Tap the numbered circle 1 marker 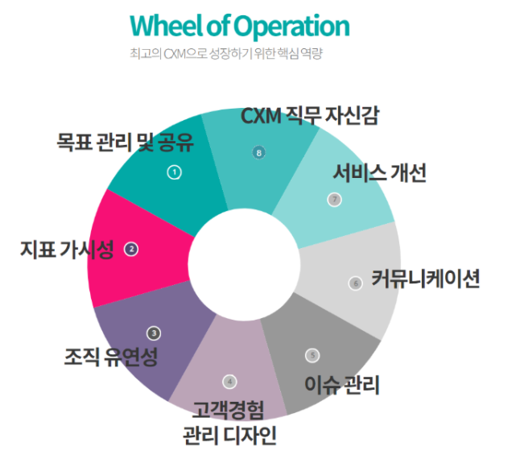[174, 172]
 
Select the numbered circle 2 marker [132, 250]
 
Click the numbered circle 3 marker [154, 332]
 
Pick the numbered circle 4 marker [229, 381]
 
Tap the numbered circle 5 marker [312, 355]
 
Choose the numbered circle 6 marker [355, 283]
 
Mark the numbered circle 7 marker [334, 200]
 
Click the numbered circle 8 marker [258, 151]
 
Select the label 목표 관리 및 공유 [126, 143]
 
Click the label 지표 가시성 [68, 249]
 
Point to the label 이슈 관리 [342, 384]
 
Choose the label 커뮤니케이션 [426, 279]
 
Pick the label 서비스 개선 [380, 173]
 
